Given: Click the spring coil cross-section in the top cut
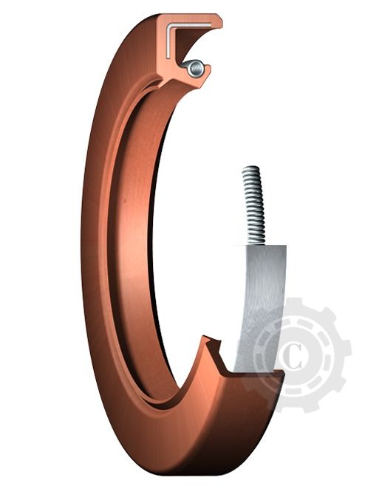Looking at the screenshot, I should tap(195, 69).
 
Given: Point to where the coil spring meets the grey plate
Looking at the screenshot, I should tap(255, 244).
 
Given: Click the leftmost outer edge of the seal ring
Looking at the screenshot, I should tap(82, 244).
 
